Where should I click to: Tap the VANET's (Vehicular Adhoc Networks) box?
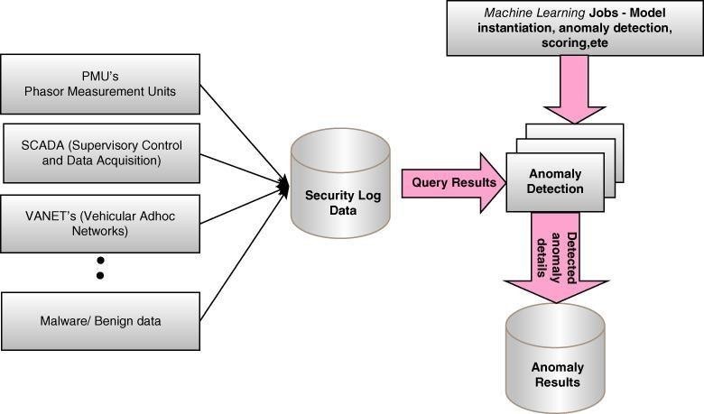click(100, 222)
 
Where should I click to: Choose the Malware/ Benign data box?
click(100, 320)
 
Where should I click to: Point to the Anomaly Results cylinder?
click(557, 364)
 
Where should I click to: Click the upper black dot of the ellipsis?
click(100, 260)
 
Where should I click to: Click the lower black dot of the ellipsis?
click(100, 275)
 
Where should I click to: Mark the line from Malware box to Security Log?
click(239, 253)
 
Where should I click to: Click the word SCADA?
click(43, 144)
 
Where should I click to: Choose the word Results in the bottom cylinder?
click(557, 382)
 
